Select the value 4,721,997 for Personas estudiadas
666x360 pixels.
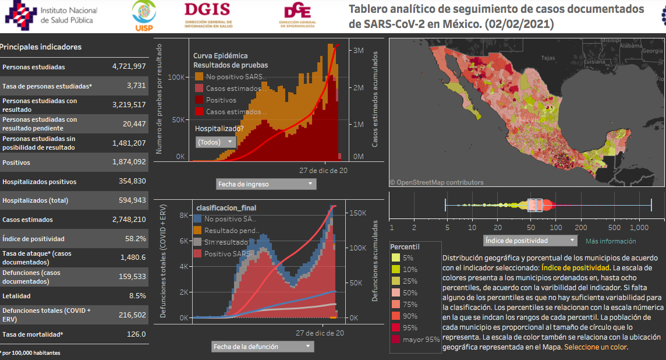129,66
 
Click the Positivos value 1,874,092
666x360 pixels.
129,163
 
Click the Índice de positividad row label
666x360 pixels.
33,239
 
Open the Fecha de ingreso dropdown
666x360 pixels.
265,184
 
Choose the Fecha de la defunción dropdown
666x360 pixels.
262,347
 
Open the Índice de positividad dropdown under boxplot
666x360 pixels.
530,240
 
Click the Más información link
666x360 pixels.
611,241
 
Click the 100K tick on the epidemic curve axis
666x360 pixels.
176,77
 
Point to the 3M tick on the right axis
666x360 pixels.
359,51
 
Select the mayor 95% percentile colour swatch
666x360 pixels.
396,339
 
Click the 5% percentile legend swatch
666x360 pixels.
396,257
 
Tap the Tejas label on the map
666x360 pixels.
548,58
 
